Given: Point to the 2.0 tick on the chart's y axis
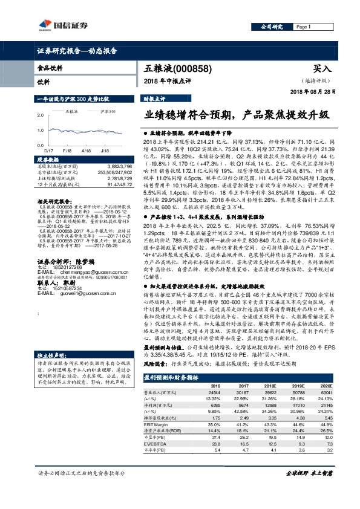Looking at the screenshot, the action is (41, 113).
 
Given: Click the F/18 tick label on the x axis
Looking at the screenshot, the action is (67, 149).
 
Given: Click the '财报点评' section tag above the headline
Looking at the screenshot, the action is (154, 97).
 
